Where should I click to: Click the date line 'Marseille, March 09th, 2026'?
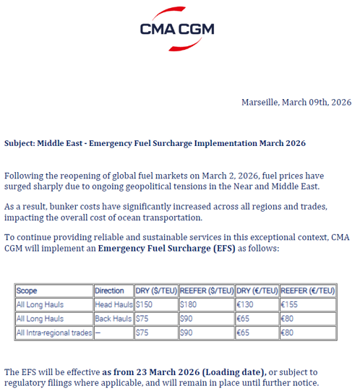[296, 102]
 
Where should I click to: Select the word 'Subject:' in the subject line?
[20, 143]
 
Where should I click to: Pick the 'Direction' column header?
[109, 291]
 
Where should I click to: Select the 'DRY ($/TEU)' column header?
[155, 291]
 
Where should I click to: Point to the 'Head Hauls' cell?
[113, 305]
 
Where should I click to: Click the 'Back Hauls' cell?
[113, 319]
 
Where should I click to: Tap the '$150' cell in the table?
[145, 305]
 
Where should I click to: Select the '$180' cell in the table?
[188, 305]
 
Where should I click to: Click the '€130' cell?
[247, 305]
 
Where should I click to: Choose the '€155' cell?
[290, 305]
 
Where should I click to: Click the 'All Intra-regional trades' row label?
[53, 333]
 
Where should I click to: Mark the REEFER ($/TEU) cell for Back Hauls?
[187, 319]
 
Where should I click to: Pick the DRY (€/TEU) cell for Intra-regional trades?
[244, 333]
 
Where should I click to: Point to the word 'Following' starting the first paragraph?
[24, 176]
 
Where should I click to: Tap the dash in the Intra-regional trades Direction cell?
[98, 333]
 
